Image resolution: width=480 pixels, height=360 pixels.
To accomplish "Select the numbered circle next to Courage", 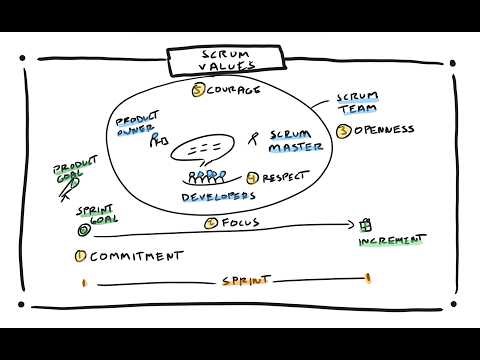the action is pos(198,90).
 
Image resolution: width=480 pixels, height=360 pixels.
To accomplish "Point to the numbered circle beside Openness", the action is pos(343,131).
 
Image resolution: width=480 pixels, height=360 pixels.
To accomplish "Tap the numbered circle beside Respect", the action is pos(253,177).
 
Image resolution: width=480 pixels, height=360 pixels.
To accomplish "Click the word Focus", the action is pos(240,223).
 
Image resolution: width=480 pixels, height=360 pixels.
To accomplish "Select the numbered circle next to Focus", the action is pos(210,223).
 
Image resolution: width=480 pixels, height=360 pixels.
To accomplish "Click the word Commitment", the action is pos(136,255).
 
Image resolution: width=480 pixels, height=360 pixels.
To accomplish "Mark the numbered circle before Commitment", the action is pos(79,255).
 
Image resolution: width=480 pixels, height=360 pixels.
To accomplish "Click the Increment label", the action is pos(391,241).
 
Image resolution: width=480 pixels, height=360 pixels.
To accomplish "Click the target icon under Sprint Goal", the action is pos(82,228).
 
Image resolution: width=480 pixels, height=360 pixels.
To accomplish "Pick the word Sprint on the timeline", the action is pos(244,282).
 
